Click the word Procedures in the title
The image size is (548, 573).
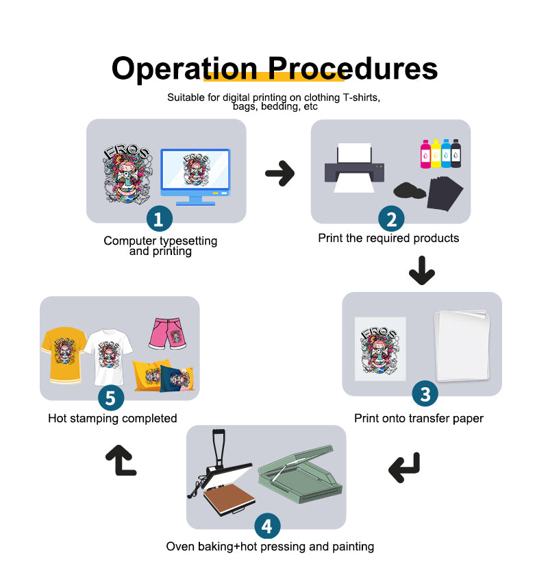(x=353, y=69)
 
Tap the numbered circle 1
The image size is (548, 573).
(x=160, y=219)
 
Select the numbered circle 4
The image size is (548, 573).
(x=267, y=526)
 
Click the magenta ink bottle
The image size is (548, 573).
(x=425, y=154)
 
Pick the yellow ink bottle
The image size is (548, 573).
(x=436, y=154)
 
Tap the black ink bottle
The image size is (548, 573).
(x=456, y=154)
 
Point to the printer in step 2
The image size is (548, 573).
(x=354, y=168)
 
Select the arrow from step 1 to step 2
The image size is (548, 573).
(x=280, y=173)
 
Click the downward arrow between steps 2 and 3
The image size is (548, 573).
(x=422, y=271)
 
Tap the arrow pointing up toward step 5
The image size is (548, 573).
(x=121, y=461)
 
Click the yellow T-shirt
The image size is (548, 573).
(x=64, y=355)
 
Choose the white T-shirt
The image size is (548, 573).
(x=108, y=357)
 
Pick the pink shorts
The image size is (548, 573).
(x=168, y=333)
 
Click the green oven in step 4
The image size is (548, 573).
(x=300, y=474)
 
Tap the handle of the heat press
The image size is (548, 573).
(x=219, y=448)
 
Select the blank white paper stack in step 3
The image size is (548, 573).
(x=462, y=345)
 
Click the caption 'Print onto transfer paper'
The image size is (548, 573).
(x=419, y=418)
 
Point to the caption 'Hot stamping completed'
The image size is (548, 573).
(x=112, y=418)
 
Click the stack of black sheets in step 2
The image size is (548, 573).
(x=445, y=193)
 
